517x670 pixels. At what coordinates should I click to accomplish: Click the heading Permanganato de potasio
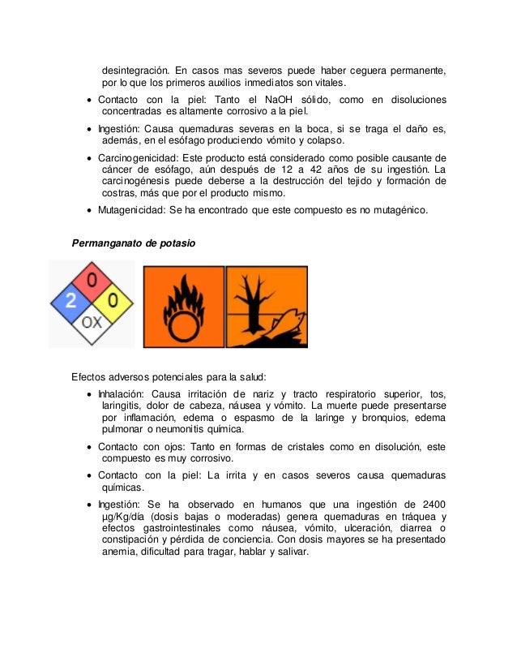tap(134, 243)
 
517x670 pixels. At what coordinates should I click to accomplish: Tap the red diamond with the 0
tap(92, 282)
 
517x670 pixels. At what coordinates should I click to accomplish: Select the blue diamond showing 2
tap(71, 303)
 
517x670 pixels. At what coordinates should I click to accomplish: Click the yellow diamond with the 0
tap(113, 303)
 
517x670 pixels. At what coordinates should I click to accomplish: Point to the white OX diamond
tap(92, 323)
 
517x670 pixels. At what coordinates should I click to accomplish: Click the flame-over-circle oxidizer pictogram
tap(183, 307)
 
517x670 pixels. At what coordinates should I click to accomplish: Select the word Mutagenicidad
tap(132, 210)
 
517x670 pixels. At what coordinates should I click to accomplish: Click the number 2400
tap(430, 504)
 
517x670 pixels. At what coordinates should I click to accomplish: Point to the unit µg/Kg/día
tap(130, 516)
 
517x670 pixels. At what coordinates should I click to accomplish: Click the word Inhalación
tap(123, 393)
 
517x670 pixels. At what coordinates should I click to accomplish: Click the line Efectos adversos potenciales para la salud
tap(169, 376)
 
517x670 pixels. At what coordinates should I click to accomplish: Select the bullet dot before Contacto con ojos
tap(89, 447)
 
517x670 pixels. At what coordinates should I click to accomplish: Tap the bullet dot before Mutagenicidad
tap(89, 211)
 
